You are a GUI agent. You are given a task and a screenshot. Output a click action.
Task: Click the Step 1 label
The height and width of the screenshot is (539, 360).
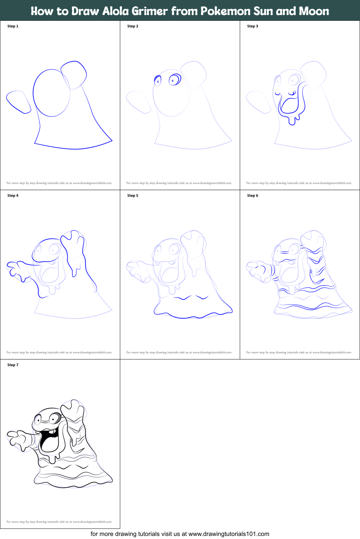[13, 26]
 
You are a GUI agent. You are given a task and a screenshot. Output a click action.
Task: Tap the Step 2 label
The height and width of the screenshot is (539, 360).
[133, 26]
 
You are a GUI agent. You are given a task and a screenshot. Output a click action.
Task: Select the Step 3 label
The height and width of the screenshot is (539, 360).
[253, 26]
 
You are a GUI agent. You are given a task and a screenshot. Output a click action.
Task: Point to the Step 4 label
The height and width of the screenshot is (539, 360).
[13, 196]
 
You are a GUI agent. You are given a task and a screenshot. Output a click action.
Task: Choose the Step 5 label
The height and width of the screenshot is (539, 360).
[133, 196]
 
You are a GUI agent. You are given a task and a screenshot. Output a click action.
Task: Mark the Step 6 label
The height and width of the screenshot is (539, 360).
[253, 196]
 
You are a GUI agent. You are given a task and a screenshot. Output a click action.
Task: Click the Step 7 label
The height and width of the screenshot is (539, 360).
[13, 365]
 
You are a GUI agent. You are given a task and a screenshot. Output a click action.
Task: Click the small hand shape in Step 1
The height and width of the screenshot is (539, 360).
[19, 102]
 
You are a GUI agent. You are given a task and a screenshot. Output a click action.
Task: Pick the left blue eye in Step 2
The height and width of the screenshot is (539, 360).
[158, 81]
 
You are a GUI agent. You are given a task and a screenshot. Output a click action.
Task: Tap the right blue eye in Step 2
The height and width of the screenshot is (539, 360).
[175, 80]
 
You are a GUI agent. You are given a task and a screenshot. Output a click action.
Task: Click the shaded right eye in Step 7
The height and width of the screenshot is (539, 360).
[55, 419]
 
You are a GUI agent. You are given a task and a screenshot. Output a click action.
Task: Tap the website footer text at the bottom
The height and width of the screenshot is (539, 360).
[180, 534]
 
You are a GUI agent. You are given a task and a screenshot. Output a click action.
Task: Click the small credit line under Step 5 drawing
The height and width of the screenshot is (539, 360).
[179, 352]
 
